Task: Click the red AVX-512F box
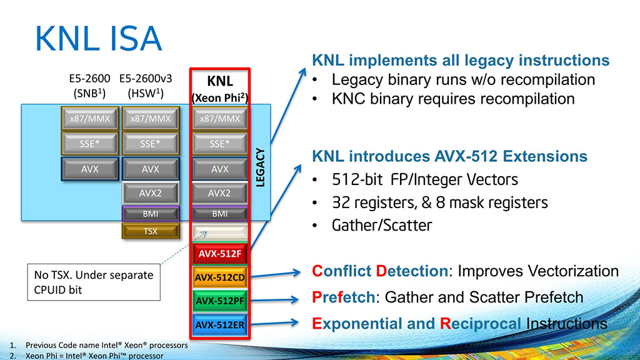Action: click(219, 254)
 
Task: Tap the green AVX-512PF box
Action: click(219, 301)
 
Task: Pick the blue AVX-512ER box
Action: click(219, 324)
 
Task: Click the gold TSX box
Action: click(151, 231)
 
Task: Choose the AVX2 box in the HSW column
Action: click(151, 193)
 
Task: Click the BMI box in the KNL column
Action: click(219, 213)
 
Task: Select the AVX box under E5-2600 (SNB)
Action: click(89, 169)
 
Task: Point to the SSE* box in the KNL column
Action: click(219, 144)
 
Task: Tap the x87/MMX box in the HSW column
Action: click(151, 119)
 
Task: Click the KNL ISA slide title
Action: click(98, 39)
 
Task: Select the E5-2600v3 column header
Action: click(151, 85)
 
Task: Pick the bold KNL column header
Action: click(219, 82)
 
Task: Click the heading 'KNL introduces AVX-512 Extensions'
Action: click(449, 156)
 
